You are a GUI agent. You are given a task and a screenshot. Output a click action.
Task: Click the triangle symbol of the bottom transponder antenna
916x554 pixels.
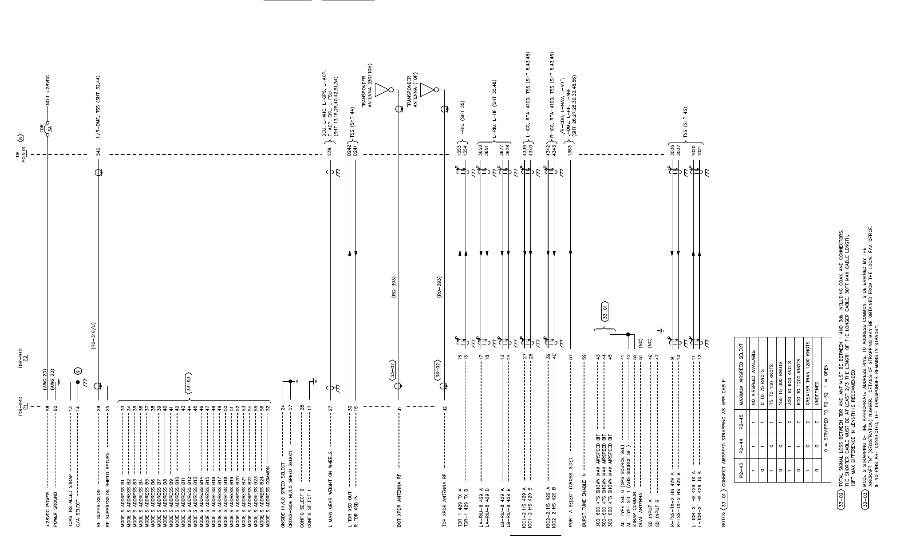382,90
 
